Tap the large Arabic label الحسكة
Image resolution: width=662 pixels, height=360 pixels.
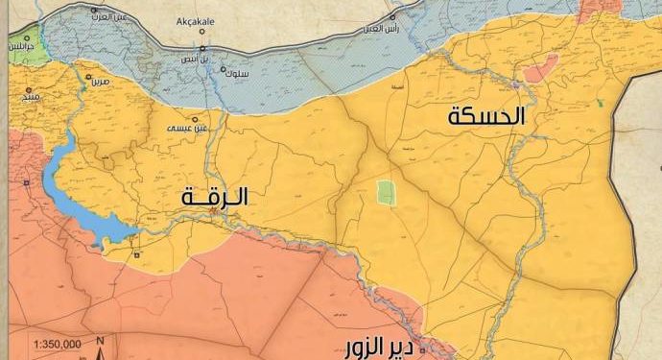tap(488, 117)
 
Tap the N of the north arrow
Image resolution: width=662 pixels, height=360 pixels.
tap(100, 341)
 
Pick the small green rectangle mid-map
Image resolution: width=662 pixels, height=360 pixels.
tap(386, 191)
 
